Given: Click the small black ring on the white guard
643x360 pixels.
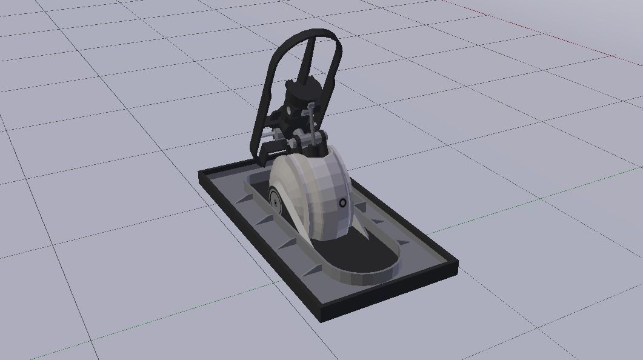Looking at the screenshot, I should tap(343, 202).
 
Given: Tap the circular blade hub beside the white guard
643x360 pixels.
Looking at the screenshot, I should tap(275, 199).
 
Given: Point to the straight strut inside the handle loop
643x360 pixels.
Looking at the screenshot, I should tap(307, 58).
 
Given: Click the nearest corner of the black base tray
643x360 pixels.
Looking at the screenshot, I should tap(321, 316).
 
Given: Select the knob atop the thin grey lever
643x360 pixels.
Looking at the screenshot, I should tap(312, 107).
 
